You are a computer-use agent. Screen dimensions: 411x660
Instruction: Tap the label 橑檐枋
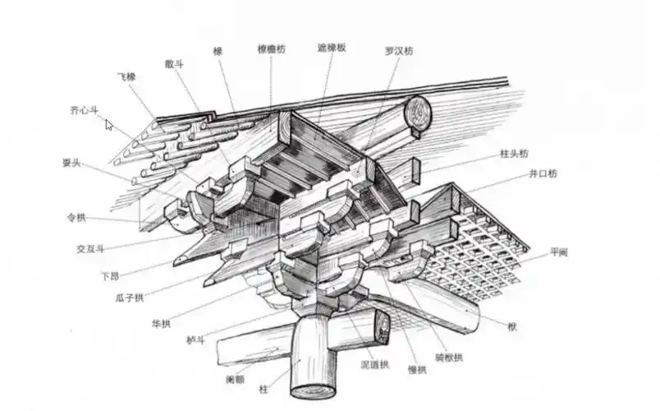tap(271, 48)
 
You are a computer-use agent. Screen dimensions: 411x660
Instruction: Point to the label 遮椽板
tap(332, 48)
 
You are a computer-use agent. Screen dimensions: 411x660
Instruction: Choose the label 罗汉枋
tap(399, 50)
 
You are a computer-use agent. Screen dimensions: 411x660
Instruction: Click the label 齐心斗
tap(84, 109)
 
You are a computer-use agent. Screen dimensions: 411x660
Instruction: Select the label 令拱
tap(76, 219)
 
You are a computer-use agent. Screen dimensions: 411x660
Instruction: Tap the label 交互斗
tap(90, 247)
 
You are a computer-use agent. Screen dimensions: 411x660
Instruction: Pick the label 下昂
tap(110, 275)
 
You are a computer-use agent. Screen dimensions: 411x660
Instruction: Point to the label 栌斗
tap(195, 339)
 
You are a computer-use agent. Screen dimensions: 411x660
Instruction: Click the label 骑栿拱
tap(449, 357)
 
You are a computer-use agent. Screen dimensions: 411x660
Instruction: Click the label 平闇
tap(558, 252)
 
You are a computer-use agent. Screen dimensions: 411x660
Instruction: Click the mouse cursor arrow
tap(109, 126)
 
